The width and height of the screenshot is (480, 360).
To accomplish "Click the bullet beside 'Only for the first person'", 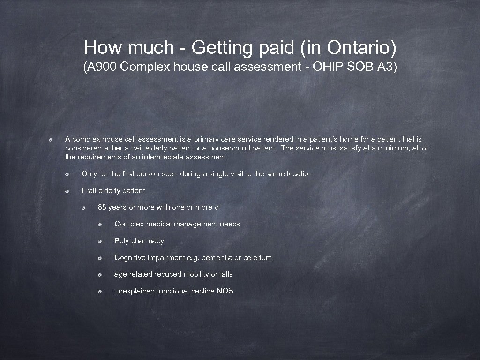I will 68,174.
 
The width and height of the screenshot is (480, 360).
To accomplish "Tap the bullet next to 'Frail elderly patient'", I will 68,191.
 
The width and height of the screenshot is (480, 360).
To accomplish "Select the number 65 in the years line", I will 102,207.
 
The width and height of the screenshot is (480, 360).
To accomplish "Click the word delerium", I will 257,258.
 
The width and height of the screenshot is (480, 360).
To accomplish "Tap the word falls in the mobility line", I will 226,274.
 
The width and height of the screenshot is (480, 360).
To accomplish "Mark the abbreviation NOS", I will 225,291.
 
